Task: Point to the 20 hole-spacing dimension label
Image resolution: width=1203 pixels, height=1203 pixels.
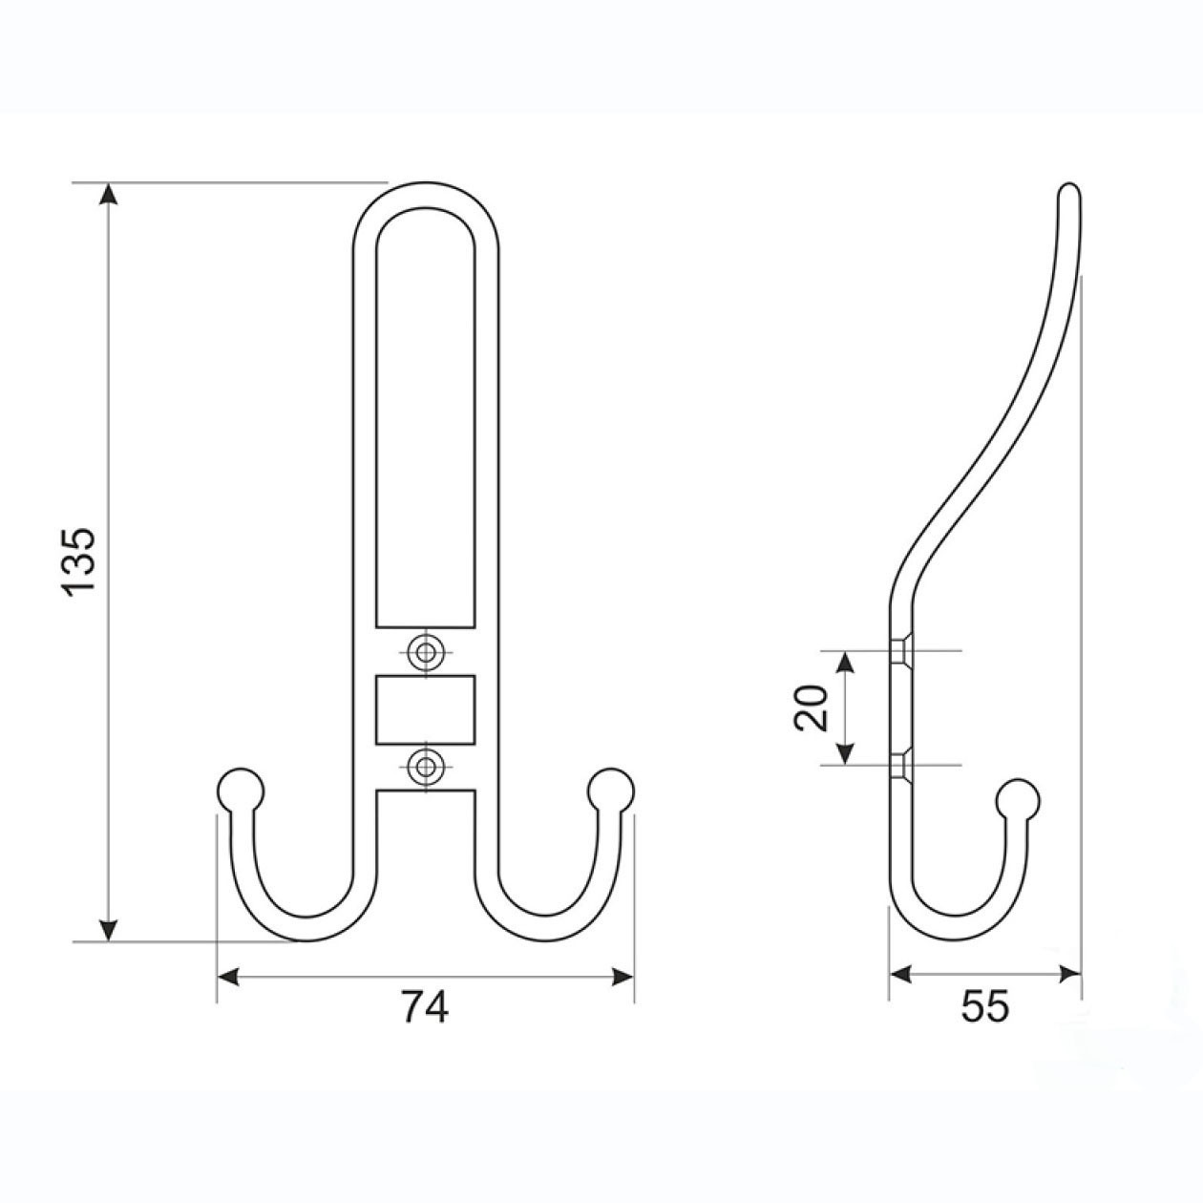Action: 811,707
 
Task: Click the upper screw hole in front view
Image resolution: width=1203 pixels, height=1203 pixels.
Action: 427,653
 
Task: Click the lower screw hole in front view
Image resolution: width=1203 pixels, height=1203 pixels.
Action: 427,764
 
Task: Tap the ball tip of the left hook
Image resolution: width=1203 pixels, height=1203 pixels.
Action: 241,791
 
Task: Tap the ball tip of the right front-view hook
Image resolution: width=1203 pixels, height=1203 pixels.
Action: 610,791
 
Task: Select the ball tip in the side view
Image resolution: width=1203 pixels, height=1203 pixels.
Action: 1018,800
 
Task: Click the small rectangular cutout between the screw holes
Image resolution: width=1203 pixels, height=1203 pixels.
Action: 426,709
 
